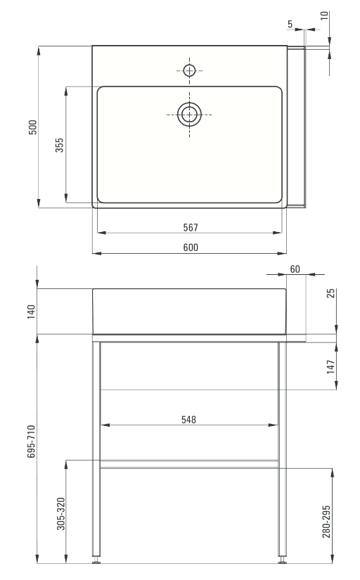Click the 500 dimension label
click(x=33, y=127)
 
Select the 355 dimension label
click(x=59, y=145)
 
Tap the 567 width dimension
click(x=191, y=228)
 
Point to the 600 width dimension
click(x=191, y=247)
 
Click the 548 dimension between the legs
click(x=188, y=420)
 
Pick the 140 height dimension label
click(x=31, y=311)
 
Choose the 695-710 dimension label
click(x=31, y=442)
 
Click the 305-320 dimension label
click(x=61, y=513)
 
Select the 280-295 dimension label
click(x=326, y=521)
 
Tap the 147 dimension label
click(x=330, y=366)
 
